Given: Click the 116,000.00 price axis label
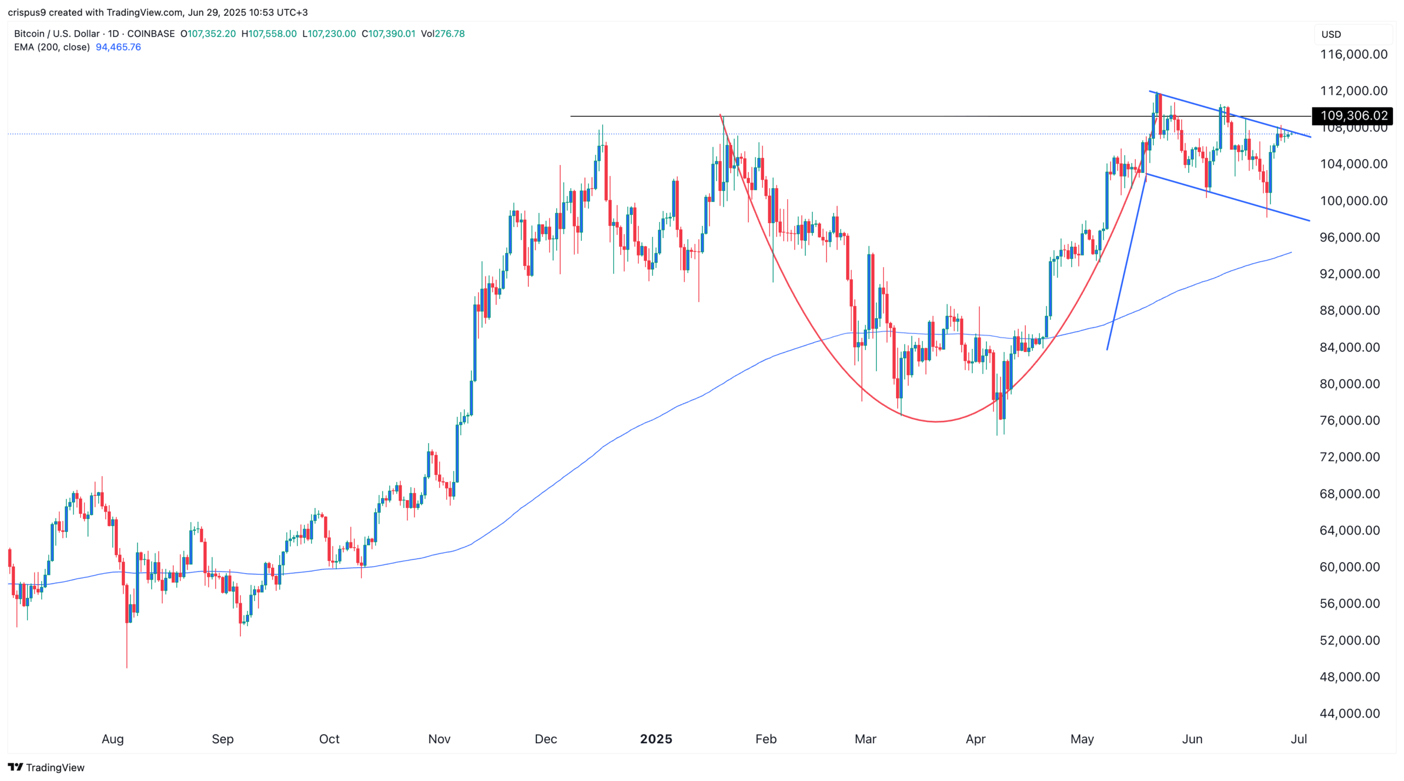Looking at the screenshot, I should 1353,54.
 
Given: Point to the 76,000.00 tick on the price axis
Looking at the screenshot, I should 1349,421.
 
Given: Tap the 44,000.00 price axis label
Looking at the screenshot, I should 1349,714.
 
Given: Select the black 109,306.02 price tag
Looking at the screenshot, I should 1353,116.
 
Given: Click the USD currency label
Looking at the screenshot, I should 1331,35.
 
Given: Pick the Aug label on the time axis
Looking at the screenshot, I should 112,739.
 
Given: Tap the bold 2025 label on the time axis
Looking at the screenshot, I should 656,739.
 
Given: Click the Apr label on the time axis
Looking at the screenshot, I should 975,739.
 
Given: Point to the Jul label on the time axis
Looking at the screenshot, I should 1299,739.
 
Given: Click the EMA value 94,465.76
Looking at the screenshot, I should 118,47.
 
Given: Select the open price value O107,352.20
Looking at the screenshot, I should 208,33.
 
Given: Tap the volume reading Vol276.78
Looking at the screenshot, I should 443,33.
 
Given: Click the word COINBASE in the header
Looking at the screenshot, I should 151,33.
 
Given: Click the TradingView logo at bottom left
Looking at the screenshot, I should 46,767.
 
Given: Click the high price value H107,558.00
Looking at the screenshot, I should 269,33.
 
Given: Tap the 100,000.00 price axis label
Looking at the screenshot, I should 1349,201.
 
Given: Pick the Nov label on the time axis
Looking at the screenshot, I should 439,739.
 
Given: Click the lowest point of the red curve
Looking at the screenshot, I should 937,421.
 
